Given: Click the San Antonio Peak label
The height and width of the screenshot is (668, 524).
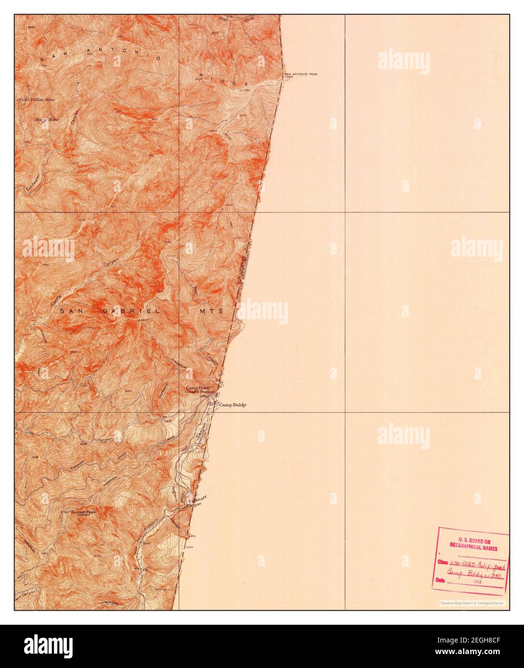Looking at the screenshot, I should pos(301,74).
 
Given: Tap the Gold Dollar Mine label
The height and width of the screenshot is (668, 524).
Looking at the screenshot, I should pos(37,99).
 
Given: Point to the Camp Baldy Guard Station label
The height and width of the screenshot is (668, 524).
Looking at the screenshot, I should pos(200,390).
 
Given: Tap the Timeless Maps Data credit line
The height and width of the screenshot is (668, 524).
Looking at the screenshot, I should pos(472,603).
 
